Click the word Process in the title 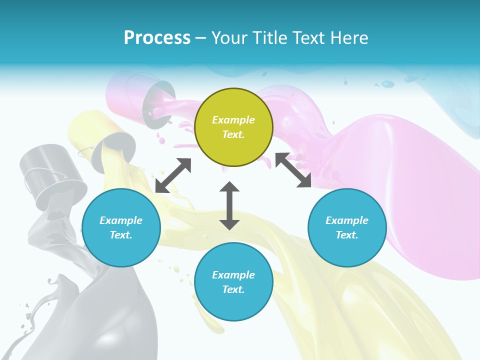coord(157,38)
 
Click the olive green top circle coord(233,127)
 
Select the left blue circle coord(121,227)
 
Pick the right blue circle coord(347,227)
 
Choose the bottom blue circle coord(233,281)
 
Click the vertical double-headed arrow coord(229,205)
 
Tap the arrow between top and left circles coord(173,175)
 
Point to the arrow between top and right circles coord(293,170)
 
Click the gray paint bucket coord(52,175)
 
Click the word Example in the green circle coord(233,120)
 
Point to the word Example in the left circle coord(121,220)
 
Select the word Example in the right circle coord(347,220)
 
